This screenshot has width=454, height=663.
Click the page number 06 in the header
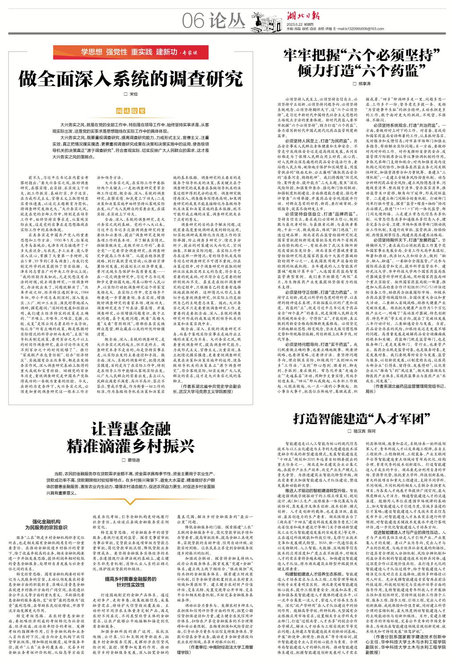point(193,21)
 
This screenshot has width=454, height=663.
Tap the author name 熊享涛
point(360,83)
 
